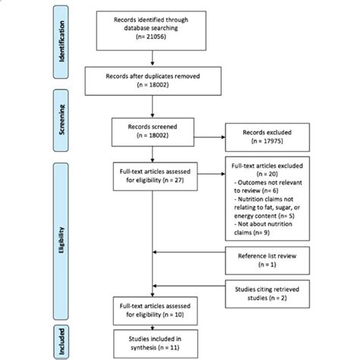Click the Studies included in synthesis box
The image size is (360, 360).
click(x=154, y=341)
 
